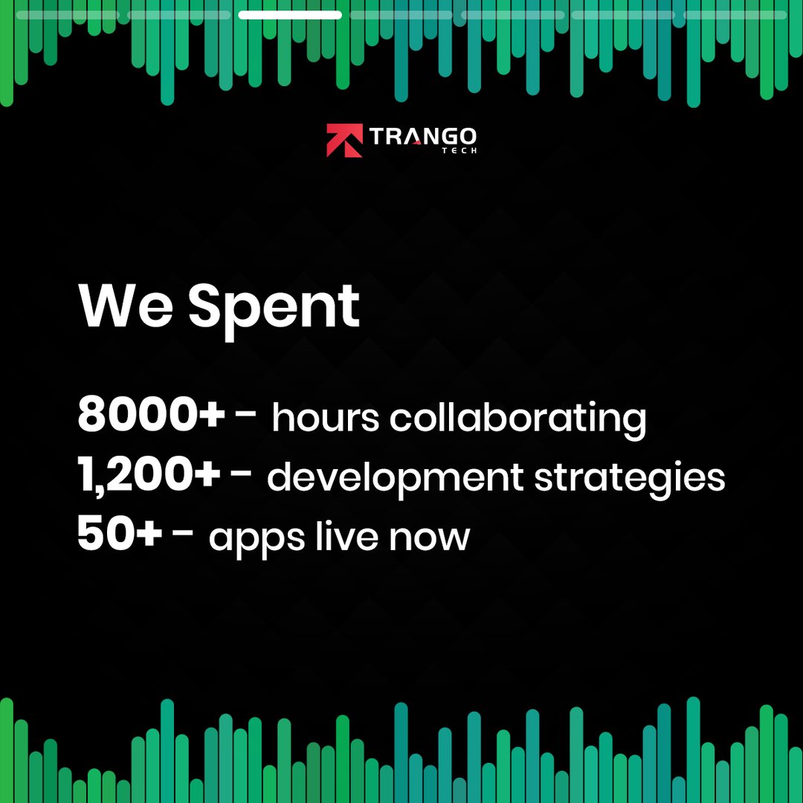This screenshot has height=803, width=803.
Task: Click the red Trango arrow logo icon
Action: pos(345,141)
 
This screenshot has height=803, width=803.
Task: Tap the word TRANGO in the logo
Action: pos(423,136)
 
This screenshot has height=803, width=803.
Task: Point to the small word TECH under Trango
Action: pos(459,150)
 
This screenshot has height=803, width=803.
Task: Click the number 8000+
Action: pos(151,413)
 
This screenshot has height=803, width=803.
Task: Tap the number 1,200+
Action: pos(149,474)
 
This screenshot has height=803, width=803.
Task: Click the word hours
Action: pos(326,417)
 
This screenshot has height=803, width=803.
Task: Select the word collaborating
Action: pos(518,420)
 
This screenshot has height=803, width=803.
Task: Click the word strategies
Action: pos(630,480)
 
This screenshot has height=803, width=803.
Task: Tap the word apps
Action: pos(257,541)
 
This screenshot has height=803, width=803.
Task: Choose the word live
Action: pos(346,535)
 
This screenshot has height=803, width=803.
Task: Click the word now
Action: pos(429,539)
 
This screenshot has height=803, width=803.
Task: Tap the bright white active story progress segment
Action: pos(290,15)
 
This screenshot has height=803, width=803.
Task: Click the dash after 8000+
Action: pos(245,412)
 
